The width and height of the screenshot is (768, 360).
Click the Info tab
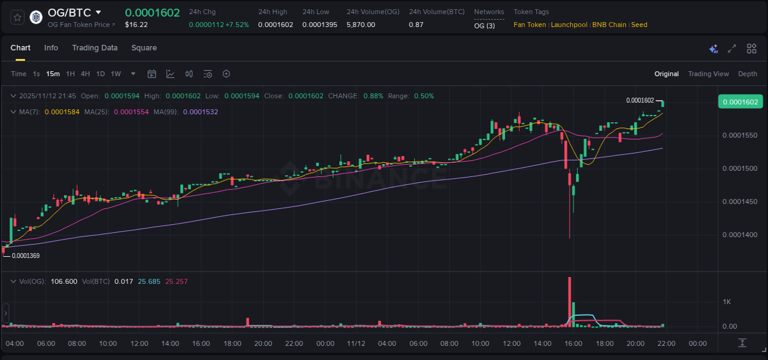pos(51,48)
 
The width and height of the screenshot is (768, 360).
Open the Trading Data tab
pos(95,48)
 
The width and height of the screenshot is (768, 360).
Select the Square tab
pos(144,48)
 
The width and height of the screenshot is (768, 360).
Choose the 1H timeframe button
pos(70,74)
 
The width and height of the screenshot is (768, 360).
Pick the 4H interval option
pos(85,74)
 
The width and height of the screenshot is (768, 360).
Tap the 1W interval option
pos(116,74)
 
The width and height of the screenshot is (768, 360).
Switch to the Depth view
pos(747,74)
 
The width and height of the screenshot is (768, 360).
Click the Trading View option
pos(708,74)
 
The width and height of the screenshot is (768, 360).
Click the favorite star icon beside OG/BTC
pos(18,17)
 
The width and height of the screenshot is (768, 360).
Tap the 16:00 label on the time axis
pos(573,343)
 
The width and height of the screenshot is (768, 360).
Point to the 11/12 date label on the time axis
pos(356,343)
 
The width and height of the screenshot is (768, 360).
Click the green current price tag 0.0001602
pos(740,102)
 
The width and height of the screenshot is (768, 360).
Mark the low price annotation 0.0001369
pos(25,256)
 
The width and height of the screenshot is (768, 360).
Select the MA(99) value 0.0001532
pos(200,112)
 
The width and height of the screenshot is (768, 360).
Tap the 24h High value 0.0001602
pos(275,25)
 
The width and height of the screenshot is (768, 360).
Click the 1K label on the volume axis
pos(726,302)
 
